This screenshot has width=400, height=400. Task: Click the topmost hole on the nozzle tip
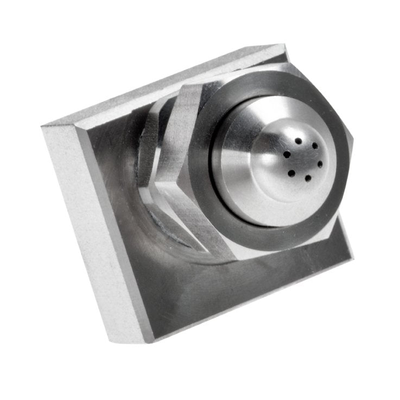pos(298,141)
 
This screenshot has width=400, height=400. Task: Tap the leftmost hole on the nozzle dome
pos(287,155)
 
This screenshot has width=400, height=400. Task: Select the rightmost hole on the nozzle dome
pos(320,163)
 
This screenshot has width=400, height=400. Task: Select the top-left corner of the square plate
pos(43,126)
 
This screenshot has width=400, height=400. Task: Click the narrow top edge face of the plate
pos(163,87)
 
